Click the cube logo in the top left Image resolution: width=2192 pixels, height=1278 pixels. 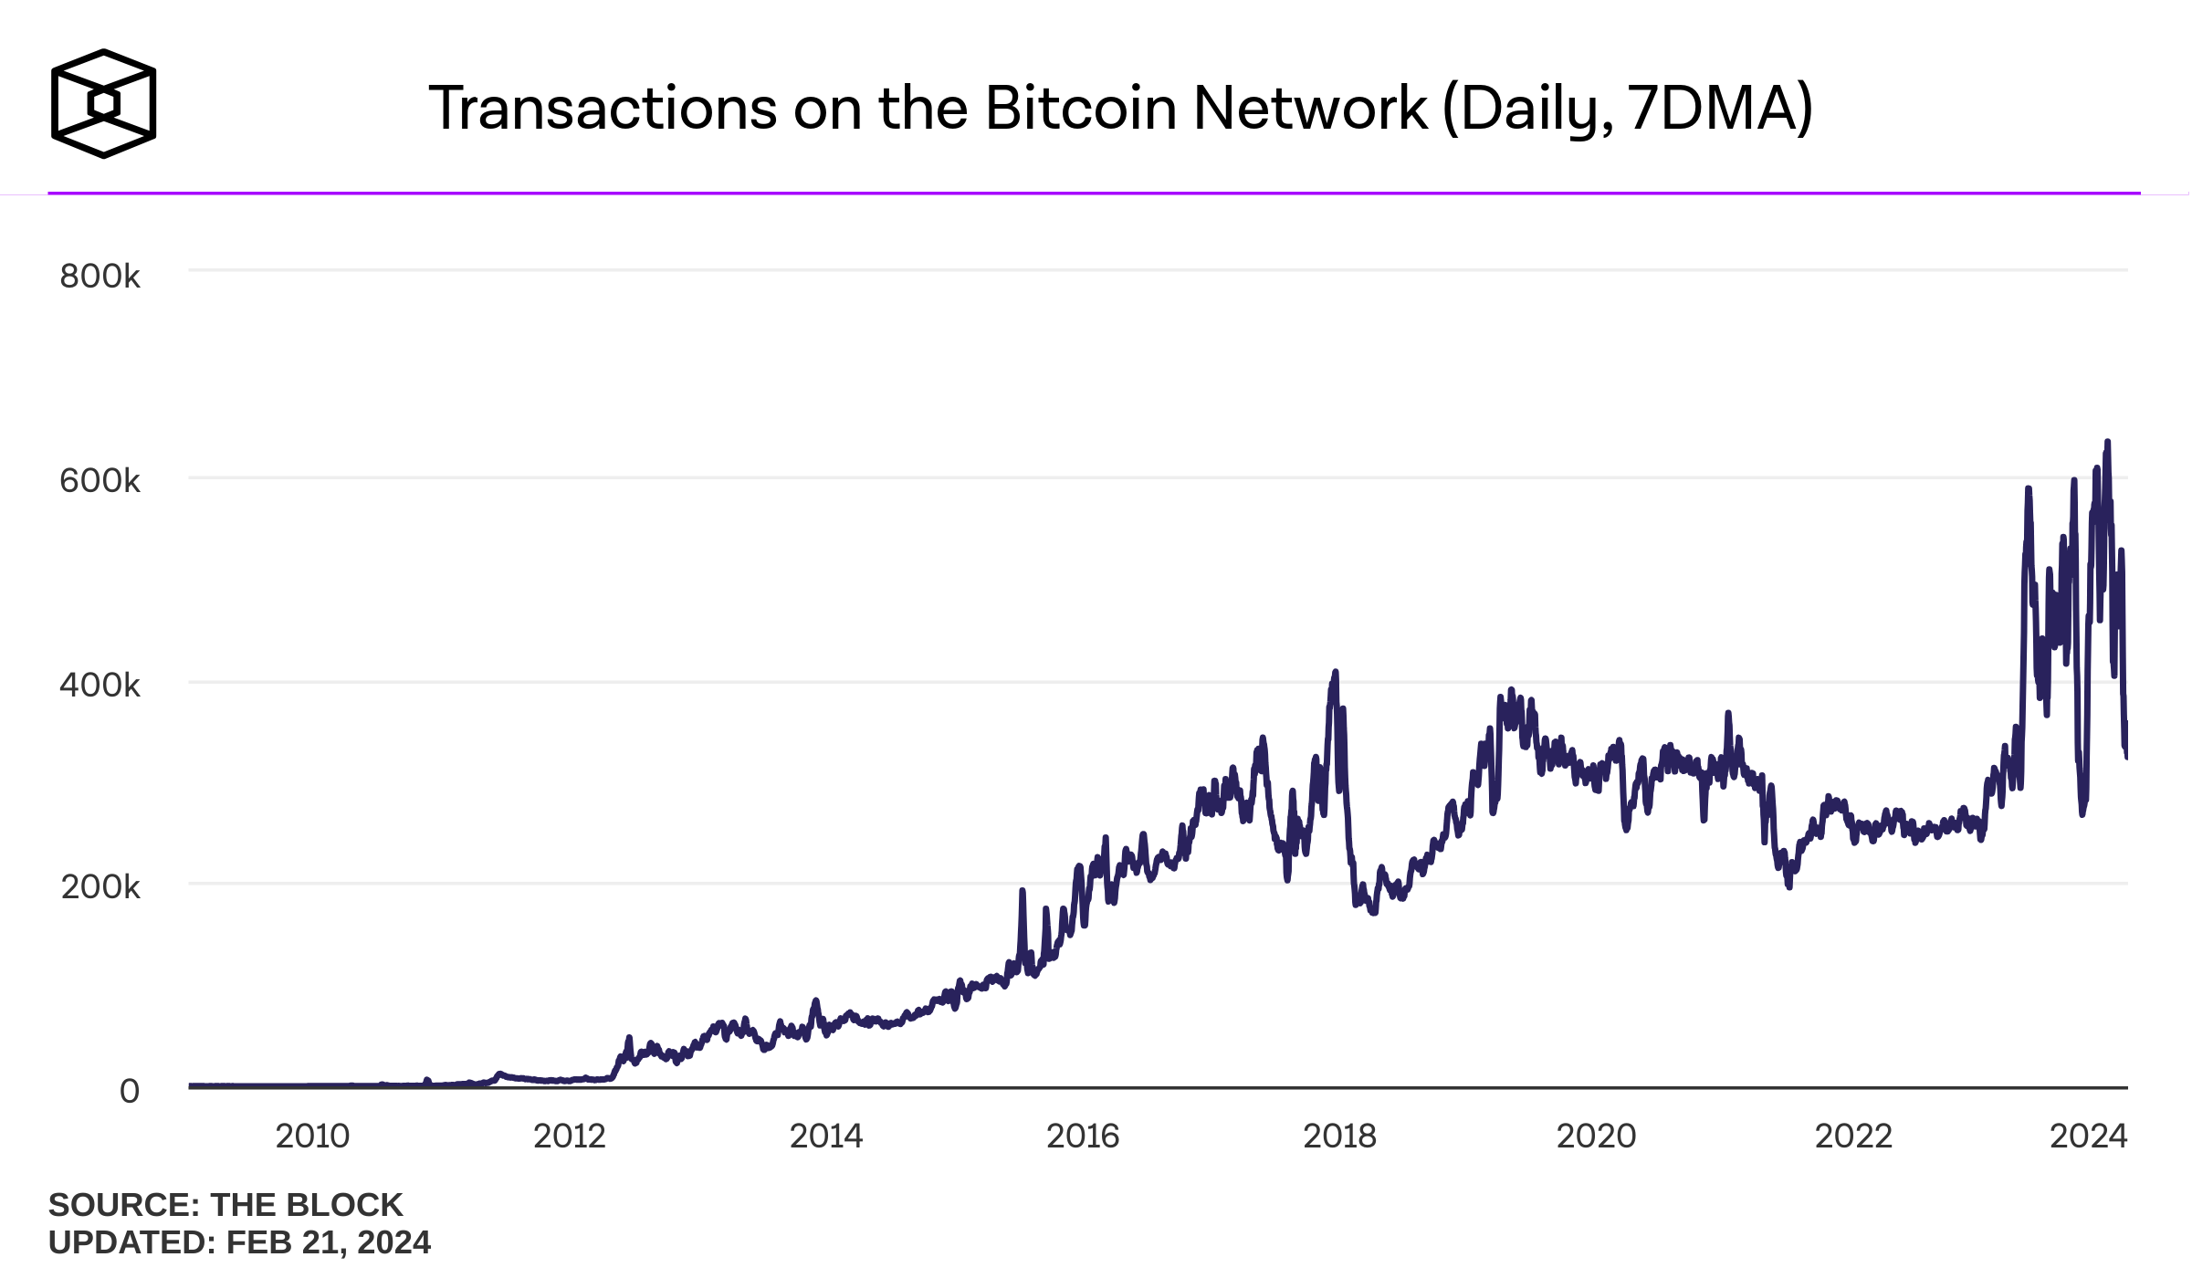point(103,104)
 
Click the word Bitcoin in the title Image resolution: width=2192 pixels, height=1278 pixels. point(1081,109)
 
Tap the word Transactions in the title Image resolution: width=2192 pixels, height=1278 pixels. point(603,109)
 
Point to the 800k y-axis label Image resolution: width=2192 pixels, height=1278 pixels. point(100,276)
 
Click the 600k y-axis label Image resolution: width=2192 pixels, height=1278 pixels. point(100,480)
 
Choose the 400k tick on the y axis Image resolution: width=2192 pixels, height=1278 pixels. point(100,685)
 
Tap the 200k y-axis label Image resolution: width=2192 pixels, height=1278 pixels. point(100,886)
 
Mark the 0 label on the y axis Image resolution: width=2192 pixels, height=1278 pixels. point(130,1091)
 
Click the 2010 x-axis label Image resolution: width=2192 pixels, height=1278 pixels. point(312,1137)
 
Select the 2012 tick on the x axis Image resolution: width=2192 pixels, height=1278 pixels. point(570,1137)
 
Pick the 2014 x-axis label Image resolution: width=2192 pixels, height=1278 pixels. point(826,1137)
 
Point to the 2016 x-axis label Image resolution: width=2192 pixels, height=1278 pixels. point(1083,1137)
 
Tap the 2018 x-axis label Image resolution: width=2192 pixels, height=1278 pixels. point(1339,1137)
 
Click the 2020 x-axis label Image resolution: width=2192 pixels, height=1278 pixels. point(1596,1137)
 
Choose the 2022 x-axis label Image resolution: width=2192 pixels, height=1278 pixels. point(1853,1137)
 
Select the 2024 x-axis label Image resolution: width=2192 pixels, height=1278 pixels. point(2089,1137)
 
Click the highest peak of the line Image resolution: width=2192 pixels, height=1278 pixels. point(2107,443)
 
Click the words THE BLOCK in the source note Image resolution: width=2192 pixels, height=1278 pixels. point(307,1205)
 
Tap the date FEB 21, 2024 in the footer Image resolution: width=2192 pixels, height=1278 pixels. point(329,1243)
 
